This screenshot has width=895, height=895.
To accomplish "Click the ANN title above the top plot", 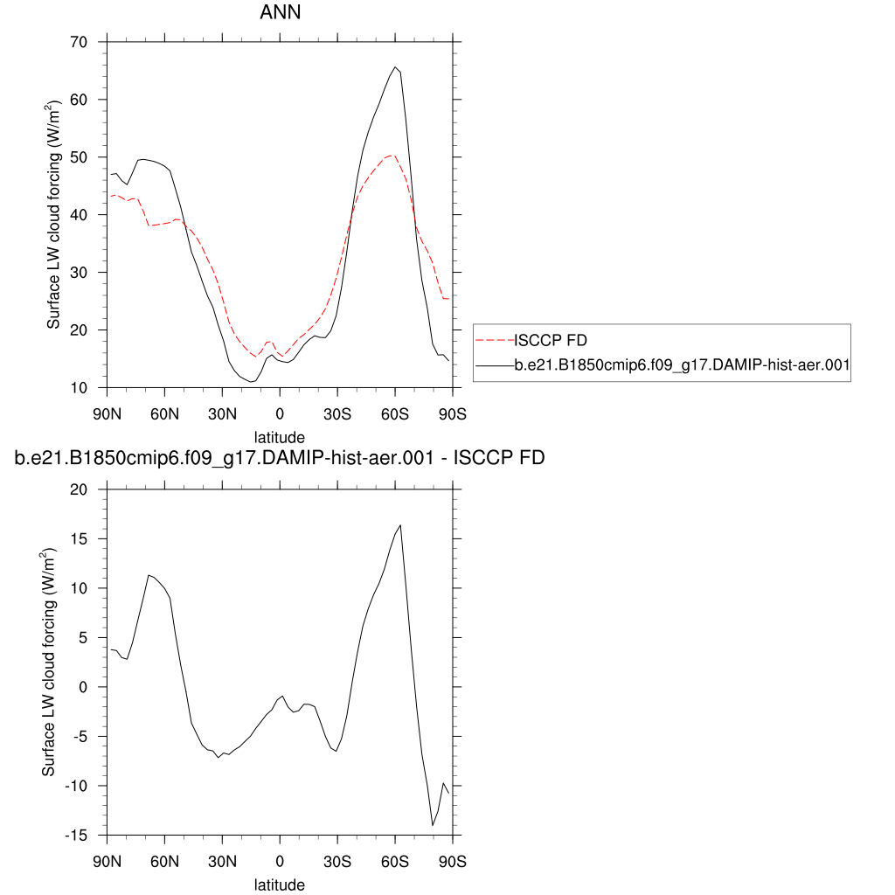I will click(x=280, y=13).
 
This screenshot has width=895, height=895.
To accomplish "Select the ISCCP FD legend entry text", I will click(x=551, y=340).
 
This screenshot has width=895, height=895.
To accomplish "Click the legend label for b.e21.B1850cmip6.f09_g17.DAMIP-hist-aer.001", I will click(x=682, y=367).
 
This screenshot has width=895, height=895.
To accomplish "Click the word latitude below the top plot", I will click(x=280, y=436).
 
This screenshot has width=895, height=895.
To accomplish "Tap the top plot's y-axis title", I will click(x=54, y=214).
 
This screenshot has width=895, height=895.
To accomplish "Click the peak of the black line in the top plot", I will click(x=396, y=67).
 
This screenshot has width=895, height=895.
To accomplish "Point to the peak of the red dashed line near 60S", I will click(x=393, y=155).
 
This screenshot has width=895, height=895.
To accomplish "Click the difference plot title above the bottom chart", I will click(x=280, y=458).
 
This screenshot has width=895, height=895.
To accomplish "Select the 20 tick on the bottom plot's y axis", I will click(x=80, y=490).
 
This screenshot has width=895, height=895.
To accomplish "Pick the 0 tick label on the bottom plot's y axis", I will click(x=85, y=687).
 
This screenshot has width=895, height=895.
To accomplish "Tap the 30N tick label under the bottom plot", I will click(x=222, y=862).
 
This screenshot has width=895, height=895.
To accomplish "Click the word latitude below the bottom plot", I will click(x=280, y=885).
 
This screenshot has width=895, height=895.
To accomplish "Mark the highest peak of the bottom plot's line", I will click(x=400, y=525).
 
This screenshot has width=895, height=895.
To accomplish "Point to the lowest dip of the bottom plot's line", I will click(x=432, y=825).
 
